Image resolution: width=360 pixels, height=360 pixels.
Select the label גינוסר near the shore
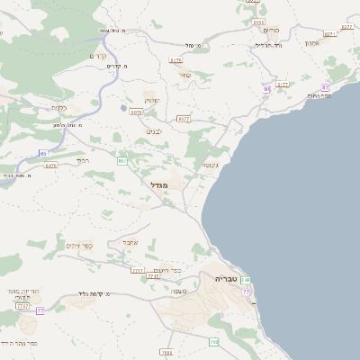211,165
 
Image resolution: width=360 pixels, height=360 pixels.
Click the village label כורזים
271,30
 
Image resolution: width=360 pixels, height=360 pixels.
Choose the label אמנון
311,43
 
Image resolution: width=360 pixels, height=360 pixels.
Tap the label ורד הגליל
269,44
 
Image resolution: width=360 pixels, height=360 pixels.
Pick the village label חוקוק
152,100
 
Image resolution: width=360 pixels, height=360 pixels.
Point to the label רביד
83,160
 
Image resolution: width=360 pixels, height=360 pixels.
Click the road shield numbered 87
325,87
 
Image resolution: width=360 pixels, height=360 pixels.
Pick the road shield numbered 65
43,153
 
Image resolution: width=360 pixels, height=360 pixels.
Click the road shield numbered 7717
138,270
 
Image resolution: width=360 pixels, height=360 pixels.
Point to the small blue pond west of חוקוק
122,108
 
